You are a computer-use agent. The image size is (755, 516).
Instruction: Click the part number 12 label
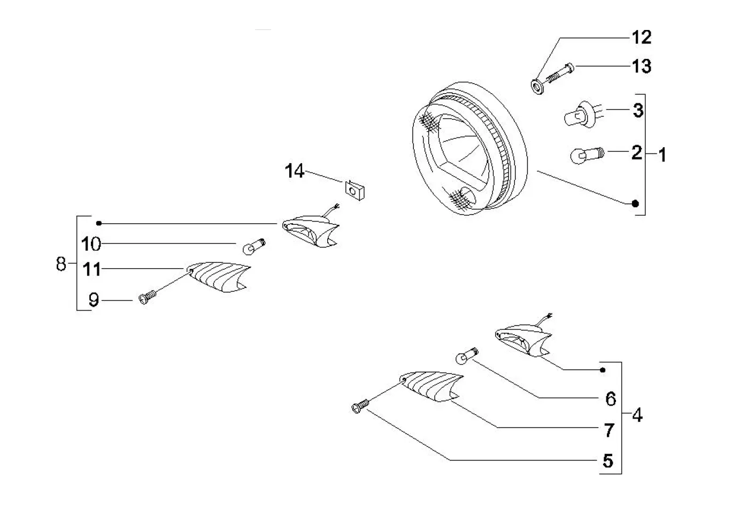[x=642, y=37]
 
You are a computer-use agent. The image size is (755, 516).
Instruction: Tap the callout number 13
[x=642, y=66]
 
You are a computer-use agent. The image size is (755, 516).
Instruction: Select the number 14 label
[x=295, y=171]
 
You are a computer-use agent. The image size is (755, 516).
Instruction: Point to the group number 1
[x=662, y=155]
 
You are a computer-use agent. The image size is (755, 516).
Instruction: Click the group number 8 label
[x=61, y=263]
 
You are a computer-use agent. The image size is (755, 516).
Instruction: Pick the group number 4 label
[x=636, y=415]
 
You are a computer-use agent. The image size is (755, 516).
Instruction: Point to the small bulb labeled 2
[x=586, y=155]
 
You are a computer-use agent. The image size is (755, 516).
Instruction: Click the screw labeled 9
[x=147, y=297]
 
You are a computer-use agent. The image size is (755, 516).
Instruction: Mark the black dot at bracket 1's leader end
[x=635, y=203]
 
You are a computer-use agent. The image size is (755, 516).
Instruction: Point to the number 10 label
[x=91, y=244]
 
